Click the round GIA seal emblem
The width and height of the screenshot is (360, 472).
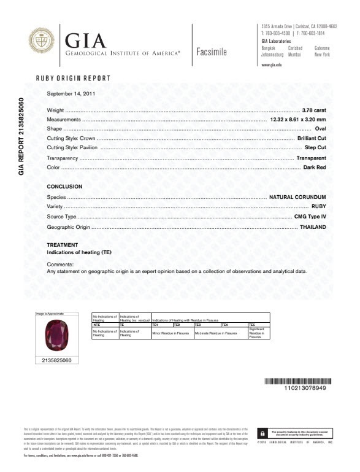click(40, 42)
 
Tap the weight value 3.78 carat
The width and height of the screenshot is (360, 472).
click(312, 109)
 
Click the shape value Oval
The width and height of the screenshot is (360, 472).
click(319, 129)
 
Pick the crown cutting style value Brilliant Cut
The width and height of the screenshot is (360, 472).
click(311, 139)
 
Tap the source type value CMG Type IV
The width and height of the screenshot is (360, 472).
click(309, 217)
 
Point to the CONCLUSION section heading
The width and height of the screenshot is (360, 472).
click(64, 186)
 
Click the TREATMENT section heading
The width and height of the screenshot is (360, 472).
click(63, 245)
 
